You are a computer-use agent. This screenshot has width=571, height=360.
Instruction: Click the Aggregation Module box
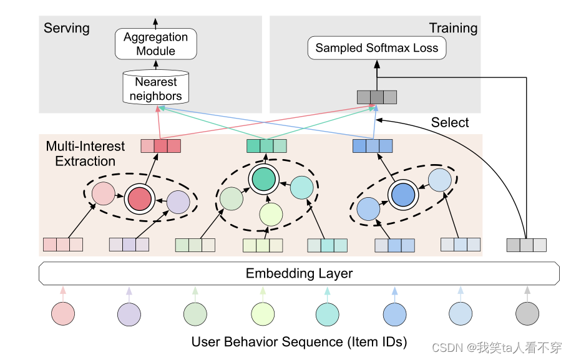156,44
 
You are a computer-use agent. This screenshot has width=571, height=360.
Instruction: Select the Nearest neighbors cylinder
156,87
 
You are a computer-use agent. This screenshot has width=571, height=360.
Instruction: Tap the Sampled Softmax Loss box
377,47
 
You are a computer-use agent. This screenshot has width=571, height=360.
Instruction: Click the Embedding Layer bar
299,273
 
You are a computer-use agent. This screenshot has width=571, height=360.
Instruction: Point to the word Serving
67,29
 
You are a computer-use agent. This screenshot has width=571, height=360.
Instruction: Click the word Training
454,28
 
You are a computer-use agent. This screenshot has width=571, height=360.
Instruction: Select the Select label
450,122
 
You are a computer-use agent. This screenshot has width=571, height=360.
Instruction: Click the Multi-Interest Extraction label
85,153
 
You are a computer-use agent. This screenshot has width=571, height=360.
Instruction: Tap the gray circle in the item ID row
527,314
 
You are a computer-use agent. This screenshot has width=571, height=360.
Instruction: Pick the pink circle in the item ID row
63,314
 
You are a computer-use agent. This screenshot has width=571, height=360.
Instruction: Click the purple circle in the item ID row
129,314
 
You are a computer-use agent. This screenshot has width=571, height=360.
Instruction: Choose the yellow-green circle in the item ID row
263,314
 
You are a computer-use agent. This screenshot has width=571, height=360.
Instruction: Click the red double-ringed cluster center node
140,199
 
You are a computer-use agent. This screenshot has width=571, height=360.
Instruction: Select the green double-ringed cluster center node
264,179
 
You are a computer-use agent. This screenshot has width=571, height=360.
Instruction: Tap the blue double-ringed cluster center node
403,195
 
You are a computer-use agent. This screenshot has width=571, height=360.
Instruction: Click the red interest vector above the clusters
161,146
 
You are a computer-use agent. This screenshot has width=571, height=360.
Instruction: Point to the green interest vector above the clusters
266,146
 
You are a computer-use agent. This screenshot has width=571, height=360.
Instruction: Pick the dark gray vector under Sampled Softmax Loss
377,97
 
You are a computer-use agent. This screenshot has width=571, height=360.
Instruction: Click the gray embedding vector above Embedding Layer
527,245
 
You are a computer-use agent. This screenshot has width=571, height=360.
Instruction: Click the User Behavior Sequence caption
299,342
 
